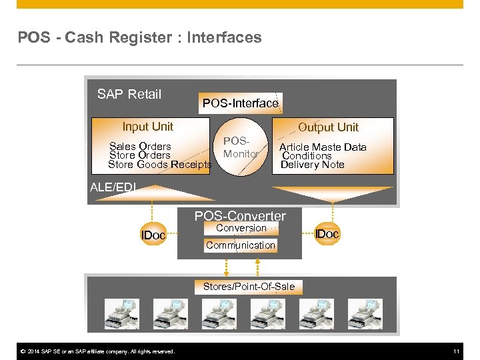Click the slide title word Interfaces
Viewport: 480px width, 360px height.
click(x=224, y=38)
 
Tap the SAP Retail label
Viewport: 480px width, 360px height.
click(x=129, y=94)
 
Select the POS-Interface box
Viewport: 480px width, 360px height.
click(x=240, y=103)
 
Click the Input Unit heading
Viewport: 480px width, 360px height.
click(x=147, y=127)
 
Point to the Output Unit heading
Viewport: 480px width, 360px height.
click(x=328, y=127)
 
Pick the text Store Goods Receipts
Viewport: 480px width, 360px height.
click(x=159, y=165)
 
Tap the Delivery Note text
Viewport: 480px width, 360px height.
click(x=312, y=165)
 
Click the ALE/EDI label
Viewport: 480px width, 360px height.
click(x=113, y=187)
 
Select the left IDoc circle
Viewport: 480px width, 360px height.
click(x=153, y=235)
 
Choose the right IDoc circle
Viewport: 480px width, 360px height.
click(x=327, y=234)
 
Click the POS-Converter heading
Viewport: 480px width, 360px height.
click(x=240, y=216)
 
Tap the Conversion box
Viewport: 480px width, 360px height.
click(x=241, y=228)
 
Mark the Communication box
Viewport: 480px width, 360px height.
click(x=240, y=245)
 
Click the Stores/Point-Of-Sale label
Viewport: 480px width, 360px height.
click(x=249, y=287)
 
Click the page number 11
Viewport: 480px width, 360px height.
click(x=457, y=351)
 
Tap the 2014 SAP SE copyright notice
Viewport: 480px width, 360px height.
click(x=97, y=351)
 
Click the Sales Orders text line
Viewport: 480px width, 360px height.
click(x=140, y=147)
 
